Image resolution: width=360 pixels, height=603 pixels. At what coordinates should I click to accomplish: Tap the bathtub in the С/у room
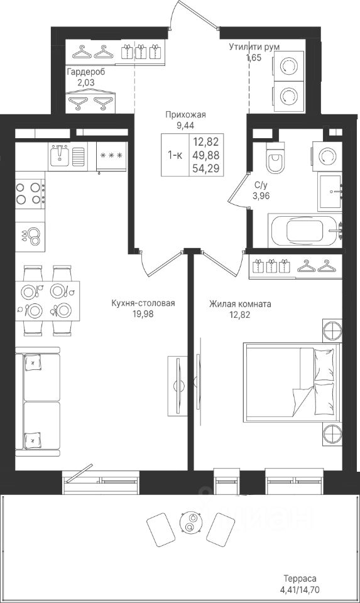[x=307, y=231]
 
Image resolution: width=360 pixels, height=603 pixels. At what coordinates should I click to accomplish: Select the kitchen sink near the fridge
[x=60, y=156]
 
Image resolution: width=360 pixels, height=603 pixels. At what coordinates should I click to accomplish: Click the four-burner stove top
[x=30, y=193]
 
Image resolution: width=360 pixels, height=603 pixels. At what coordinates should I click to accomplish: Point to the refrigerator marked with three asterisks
[x=111, y=156]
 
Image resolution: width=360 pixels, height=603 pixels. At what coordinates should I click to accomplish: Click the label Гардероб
[x=86, y=72]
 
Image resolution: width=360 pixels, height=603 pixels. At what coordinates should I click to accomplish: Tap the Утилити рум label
[x=254, y=47]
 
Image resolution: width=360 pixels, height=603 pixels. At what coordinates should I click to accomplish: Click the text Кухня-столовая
[x=143, y=303]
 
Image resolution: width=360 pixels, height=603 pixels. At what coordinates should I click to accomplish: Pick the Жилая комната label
[x=241, y=304]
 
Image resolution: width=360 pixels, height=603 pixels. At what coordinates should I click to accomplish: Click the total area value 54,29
[x=206, y=168]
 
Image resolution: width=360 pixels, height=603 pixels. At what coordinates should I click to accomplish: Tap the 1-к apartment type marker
[x=175, y=155]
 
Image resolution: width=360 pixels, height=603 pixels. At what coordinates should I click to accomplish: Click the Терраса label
[x=300, y=579]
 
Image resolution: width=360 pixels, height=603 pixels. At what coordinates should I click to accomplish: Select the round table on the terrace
[x=190, y=523]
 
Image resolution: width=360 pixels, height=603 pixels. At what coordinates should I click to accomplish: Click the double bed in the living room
[x=292, y=383]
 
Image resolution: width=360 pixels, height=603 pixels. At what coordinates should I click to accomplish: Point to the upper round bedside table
[x=332, y=329]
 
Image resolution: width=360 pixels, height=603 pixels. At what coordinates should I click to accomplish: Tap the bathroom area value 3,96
[x=261, y=196]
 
